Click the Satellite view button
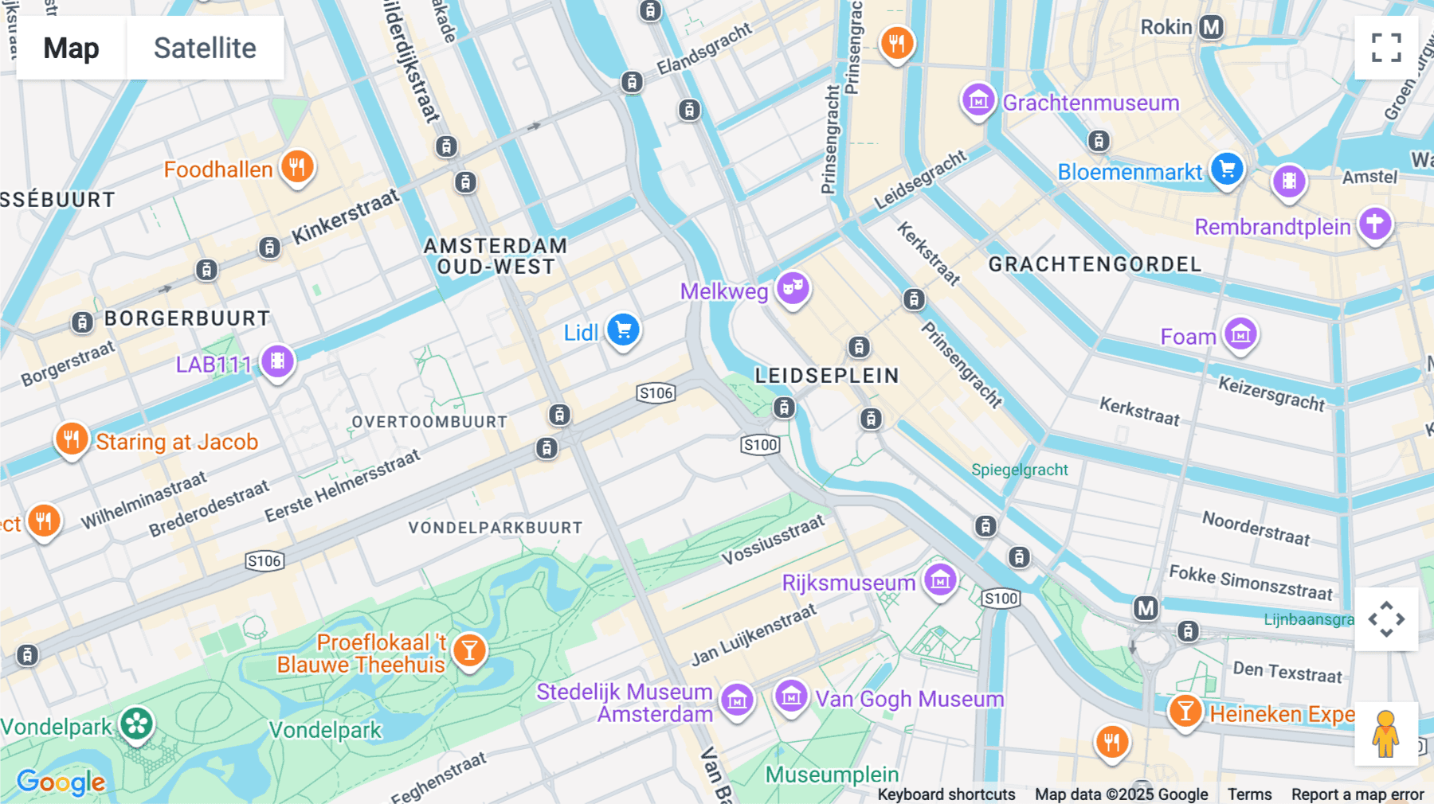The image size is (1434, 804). tap(205, 48)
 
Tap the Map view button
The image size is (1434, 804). tap(71, 48)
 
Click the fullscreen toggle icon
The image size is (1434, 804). tap(1386, 48)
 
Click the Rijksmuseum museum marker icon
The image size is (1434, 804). tap(940, 580)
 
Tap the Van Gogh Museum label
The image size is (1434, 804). tap(909, 699)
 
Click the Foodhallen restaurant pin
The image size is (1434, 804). tap(297, 166)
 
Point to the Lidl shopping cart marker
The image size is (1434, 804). tap(624, 329)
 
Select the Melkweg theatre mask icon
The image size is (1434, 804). tap(792, 287)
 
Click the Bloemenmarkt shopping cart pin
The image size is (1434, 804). tap(1227, 168)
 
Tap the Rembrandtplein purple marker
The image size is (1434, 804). tap(1375, 224)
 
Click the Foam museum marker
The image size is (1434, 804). tap(1240, 334)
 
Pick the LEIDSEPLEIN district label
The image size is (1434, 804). tap(826, 376)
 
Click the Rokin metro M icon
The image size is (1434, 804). tap(1211, 27)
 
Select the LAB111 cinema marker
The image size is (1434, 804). tap(277, 361)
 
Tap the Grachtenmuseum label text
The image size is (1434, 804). tap(1091, 103)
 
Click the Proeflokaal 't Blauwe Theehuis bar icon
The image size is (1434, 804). tap(469, 650)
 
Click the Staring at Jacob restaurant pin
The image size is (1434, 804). tap(72, 439)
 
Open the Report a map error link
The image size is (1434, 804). tap(1357, 794)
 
